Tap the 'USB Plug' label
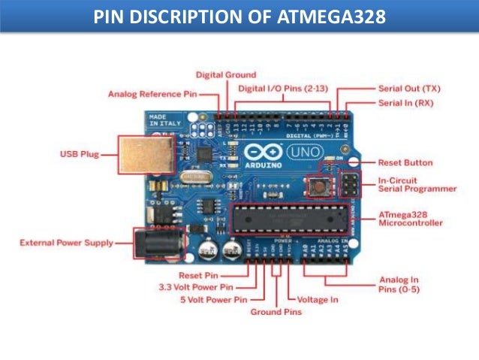pyautogui.click(x=79, y=156)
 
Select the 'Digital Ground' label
pyautogui.click(x=226, y=74)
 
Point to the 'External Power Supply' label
pyautogui.click(x=67, y=243)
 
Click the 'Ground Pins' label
pyautogui.click(x=275, y=311)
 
